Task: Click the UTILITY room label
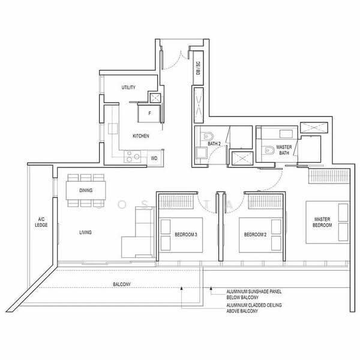128,87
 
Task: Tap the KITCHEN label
141,136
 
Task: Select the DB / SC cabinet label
198,68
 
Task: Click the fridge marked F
149,113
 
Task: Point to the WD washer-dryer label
154,158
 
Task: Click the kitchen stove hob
133,157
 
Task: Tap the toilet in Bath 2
207,136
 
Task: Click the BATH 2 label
214,144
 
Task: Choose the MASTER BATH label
284,150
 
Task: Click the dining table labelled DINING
86,190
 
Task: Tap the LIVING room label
85,232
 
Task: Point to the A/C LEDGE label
41,222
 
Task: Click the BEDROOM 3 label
186,235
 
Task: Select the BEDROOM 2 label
255,235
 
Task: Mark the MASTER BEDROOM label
322,222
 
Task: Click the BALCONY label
122,284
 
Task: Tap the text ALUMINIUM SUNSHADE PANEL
254,292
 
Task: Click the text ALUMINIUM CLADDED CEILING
254,305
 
